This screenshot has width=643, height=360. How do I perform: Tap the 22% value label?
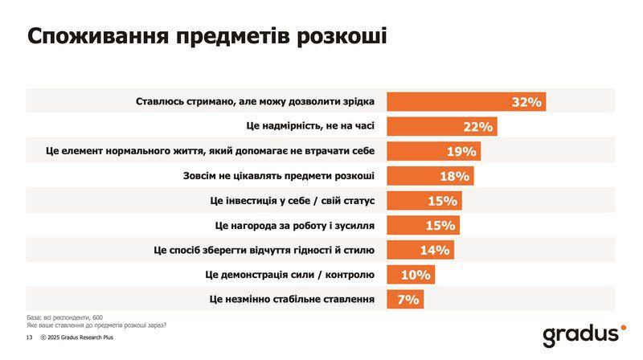click(x=477, y=127)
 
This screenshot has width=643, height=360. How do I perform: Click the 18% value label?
click(x=454, y=177)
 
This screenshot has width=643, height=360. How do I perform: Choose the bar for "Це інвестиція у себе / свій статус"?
click(x=424, y=201)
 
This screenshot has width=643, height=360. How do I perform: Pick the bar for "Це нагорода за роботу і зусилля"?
click(x=424, y=226)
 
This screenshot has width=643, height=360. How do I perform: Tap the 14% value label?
click(x=434, y=251)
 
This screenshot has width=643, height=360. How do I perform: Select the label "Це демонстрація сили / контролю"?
click(x=290, y=275)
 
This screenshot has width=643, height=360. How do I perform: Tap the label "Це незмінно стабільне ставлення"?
click(x=290, y=300)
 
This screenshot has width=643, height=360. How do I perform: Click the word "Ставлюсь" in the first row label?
click(x=161, y=102)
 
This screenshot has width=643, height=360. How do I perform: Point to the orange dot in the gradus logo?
click(x=621, y=328)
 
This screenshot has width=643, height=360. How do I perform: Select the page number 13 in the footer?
click(x=29, y=339)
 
